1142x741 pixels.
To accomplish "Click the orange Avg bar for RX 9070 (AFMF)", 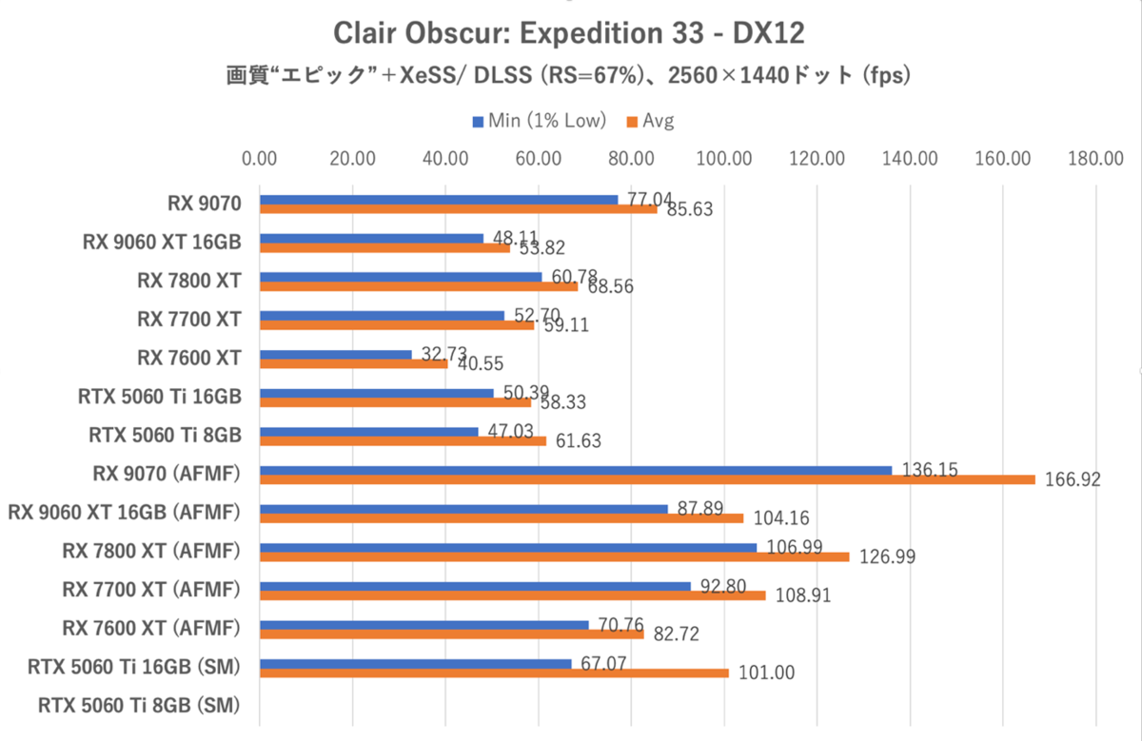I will pos(647,479).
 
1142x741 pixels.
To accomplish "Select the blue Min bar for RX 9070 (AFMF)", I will pos(576,470).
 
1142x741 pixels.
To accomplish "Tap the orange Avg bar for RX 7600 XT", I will pos(353,362).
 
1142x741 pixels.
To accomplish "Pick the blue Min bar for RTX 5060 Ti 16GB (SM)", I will pos(415,664).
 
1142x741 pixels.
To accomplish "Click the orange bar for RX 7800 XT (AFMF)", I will pos(554,556).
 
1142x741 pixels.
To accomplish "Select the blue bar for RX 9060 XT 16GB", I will pos(371,239).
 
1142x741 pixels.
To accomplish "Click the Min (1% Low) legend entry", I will pos(539,121).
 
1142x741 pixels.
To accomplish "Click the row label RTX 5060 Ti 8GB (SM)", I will pos(139,706).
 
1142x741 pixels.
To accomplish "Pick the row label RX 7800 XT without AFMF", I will pos(188,280).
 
